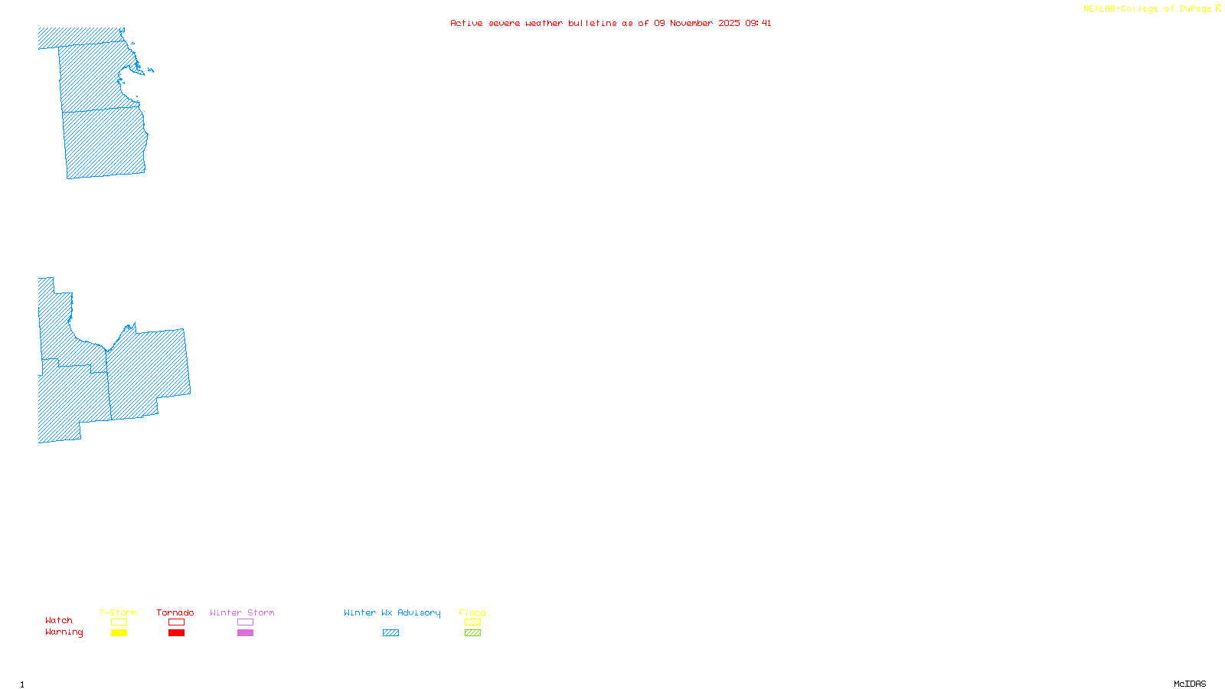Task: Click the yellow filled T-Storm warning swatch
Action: (x=119, y=633)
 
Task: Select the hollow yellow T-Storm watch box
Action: (x=119, y=622)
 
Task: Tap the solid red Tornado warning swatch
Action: (x=176, y=633)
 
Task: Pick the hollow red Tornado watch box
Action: (x=176, y=622)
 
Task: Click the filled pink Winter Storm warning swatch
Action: (x=245, y=633)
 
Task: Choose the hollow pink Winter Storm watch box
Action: (x=245, y=622)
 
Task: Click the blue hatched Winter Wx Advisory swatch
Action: (x=390, y=633)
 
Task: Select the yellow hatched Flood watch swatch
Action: (x=472, y=622)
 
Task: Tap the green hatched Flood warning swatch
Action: (x=472, y=633)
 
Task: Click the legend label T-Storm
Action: (x=118, y=612)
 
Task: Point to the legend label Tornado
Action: (x=175, y=612)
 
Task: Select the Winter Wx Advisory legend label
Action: (x=392, y=612)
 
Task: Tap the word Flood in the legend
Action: (x=472, y=612)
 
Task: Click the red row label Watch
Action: (x=59, y=621)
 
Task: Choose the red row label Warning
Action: (x=64, y=632)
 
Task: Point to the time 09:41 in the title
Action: (x=758, y=23)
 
